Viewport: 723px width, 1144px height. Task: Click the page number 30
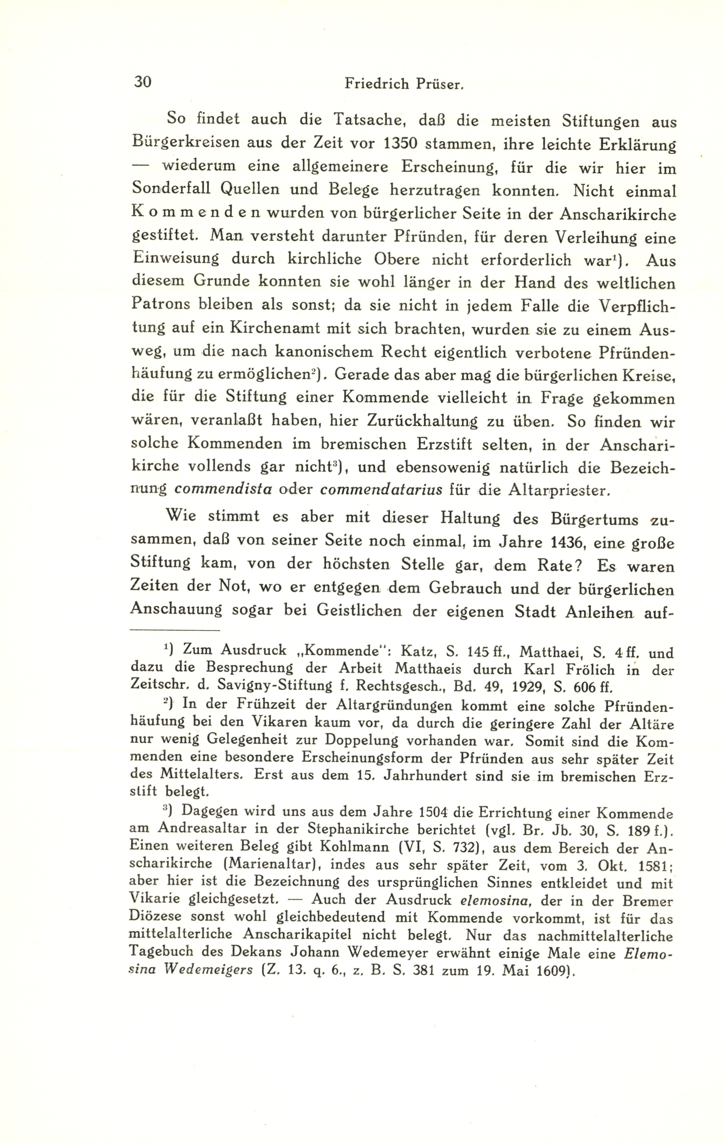coord(143,82)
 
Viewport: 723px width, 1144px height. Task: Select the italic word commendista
coord(223,489)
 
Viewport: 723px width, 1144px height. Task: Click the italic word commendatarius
coord(382,489)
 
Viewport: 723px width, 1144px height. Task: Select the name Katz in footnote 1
coord(416,651)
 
